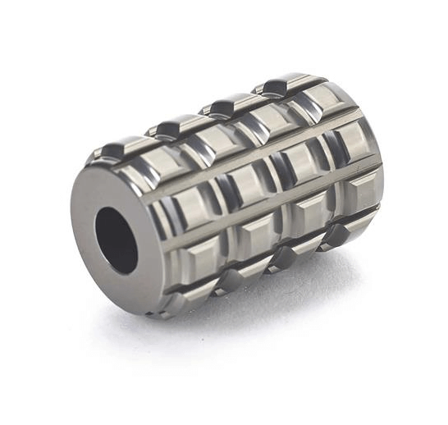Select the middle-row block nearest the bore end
tap(194, 206)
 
